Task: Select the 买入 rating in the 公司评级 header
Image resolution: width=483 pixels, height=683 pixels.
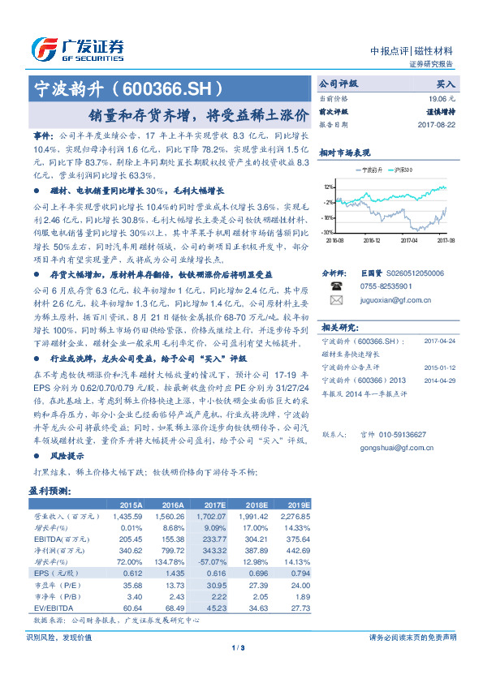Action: coord(446,84)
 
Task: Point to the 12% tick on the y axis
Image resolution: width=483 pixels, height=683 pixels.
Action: coord(327,186)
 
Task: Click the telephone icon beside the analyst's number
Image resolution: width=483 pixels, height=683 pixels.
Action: coord(335,286)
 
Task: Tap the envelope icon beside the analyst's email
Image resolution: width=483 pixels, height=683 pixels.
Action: coord(335,299)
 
